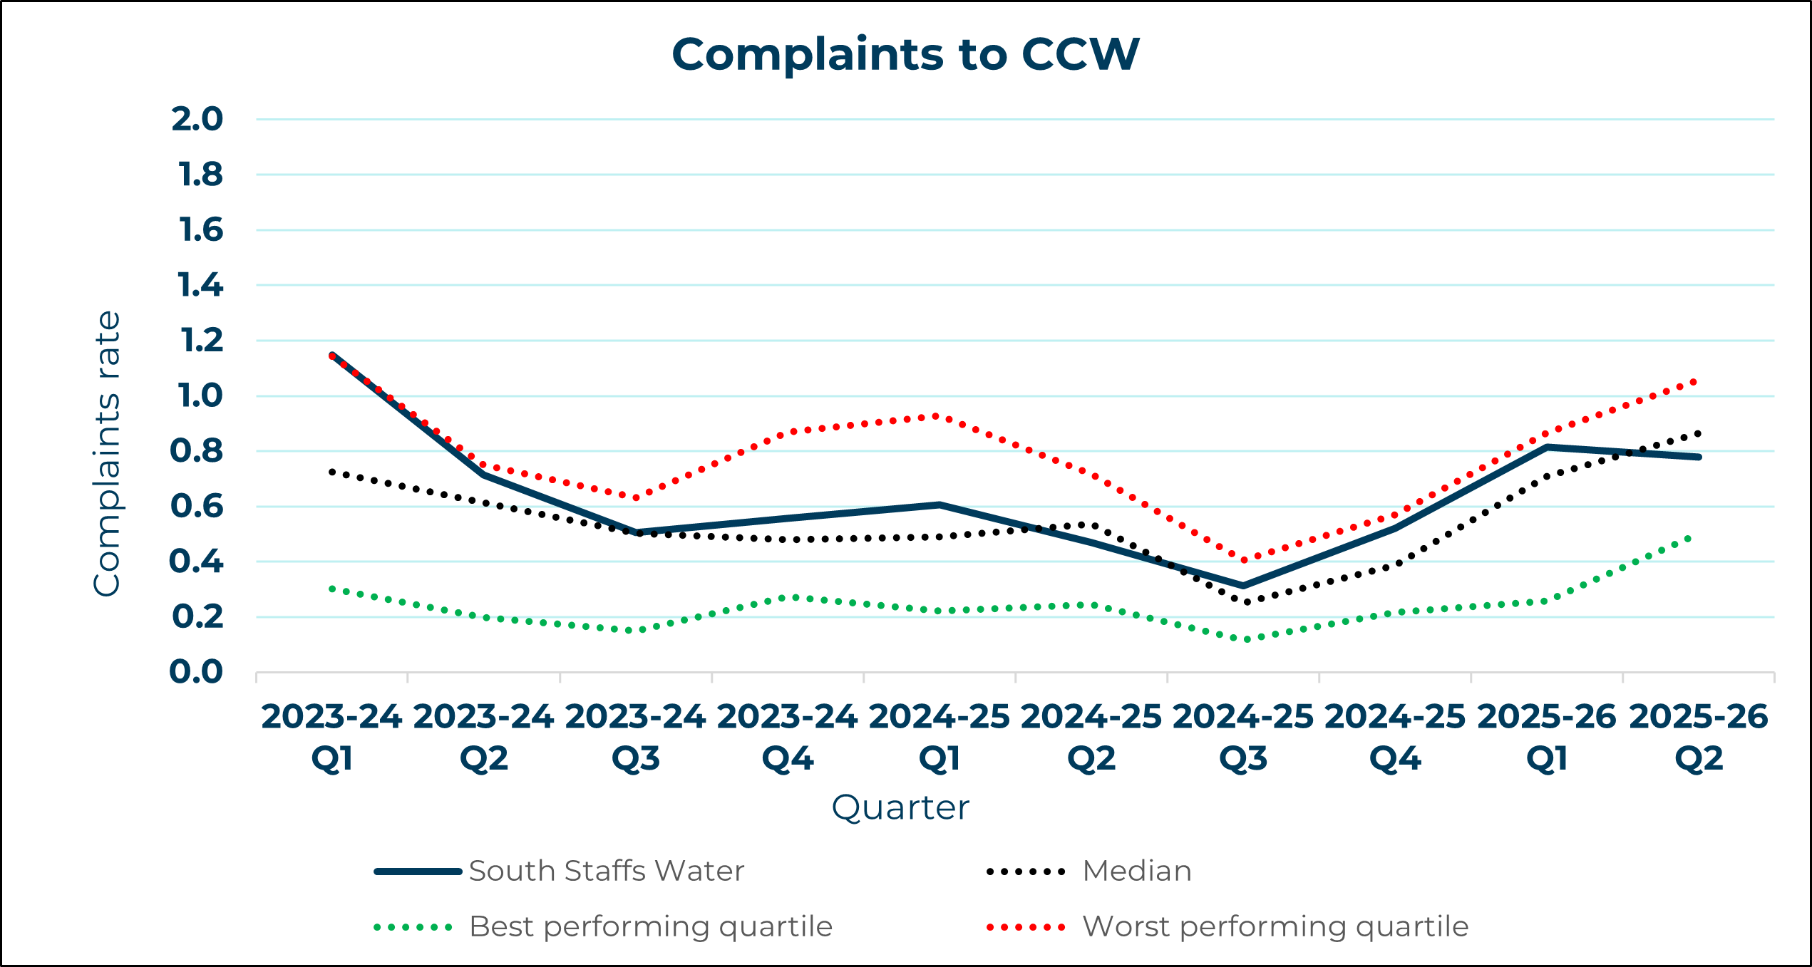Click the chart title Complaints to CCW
click(905, 55)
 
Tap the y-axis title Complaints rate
click(107, 453)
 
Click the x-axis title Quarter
click(900, 807)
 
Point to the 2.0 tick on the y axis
click(197, 119)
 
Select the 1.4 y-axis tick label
click(200, 285)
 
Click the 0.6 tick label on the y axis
click(197, 507)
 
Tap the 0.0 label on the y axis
click(196, 672)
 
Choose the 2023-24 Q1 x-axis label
click(331, 738)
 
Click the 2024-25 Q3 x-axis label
click(1243, 738)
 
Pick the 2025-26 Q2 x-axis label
click(1699, 738)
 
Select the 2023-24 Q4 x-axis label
click(787, 738)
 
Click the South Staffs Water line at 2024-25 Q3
click(1244, 586)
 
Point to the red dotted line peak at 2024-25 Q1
click(935, 416)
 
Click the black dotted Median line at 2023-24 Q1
click(332, 472)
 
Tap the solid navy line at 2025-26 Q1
click(1548, 447)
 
